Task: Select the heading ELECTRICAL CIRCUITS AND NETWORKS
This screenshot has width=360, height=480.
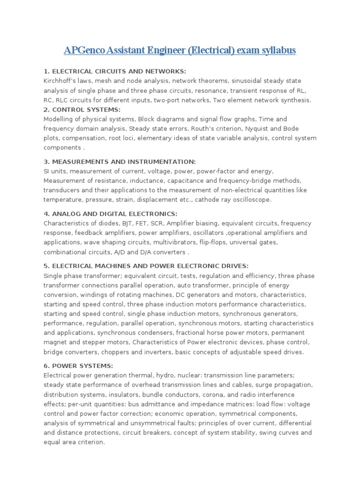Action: pyautogui.click(x=114, y=71)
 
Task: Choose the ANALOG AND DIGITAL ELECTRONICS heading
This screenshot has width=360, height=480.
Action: pyautogui.click(x=110, y=214)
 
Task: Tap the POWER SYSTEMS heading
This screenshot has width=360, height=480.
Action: pyautogui.click(x=78, y=366)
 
